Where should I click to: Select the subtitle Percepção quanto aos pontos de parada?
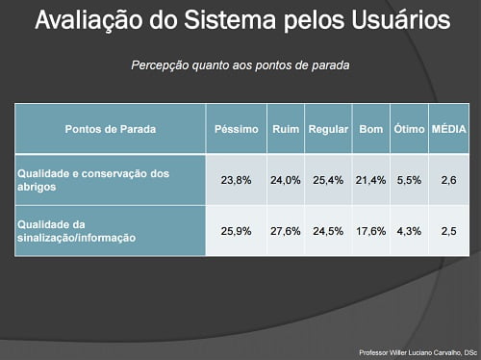point(240,66)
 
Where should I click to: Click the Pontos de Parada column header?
point(110,128)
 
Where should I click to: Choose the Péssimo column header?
point(235,128)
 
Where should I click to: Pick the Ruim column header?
point(285,128)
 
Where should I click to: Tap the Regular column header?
point(328,128)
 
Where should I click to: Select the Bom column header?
point(370,128)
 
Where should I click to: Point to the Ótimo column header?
point(409,128)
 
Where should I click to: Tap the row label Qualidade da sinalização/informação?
point(76,230)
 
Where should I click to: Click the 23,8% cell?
point(236,180)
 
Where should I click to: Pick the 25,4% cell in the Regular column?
point(328,180)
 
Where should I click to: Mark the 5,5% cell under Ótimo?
point(409,180)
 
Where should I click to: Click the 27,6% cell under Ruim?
point(285,230)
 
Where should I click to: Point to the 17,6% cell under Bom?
point(370,230)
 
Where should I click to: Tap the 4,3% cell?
point(409,230)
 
